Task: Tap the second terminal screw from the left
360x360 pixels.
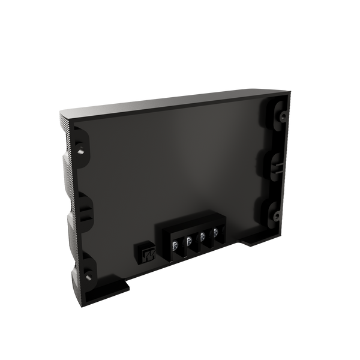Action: point(189,241)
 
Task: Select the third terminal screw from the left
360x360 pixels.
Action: point(202,236)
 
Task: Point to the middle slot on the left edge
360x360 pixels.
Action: point(85,210)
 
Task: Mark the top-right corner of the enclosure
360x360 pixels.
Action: point(290,91)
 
